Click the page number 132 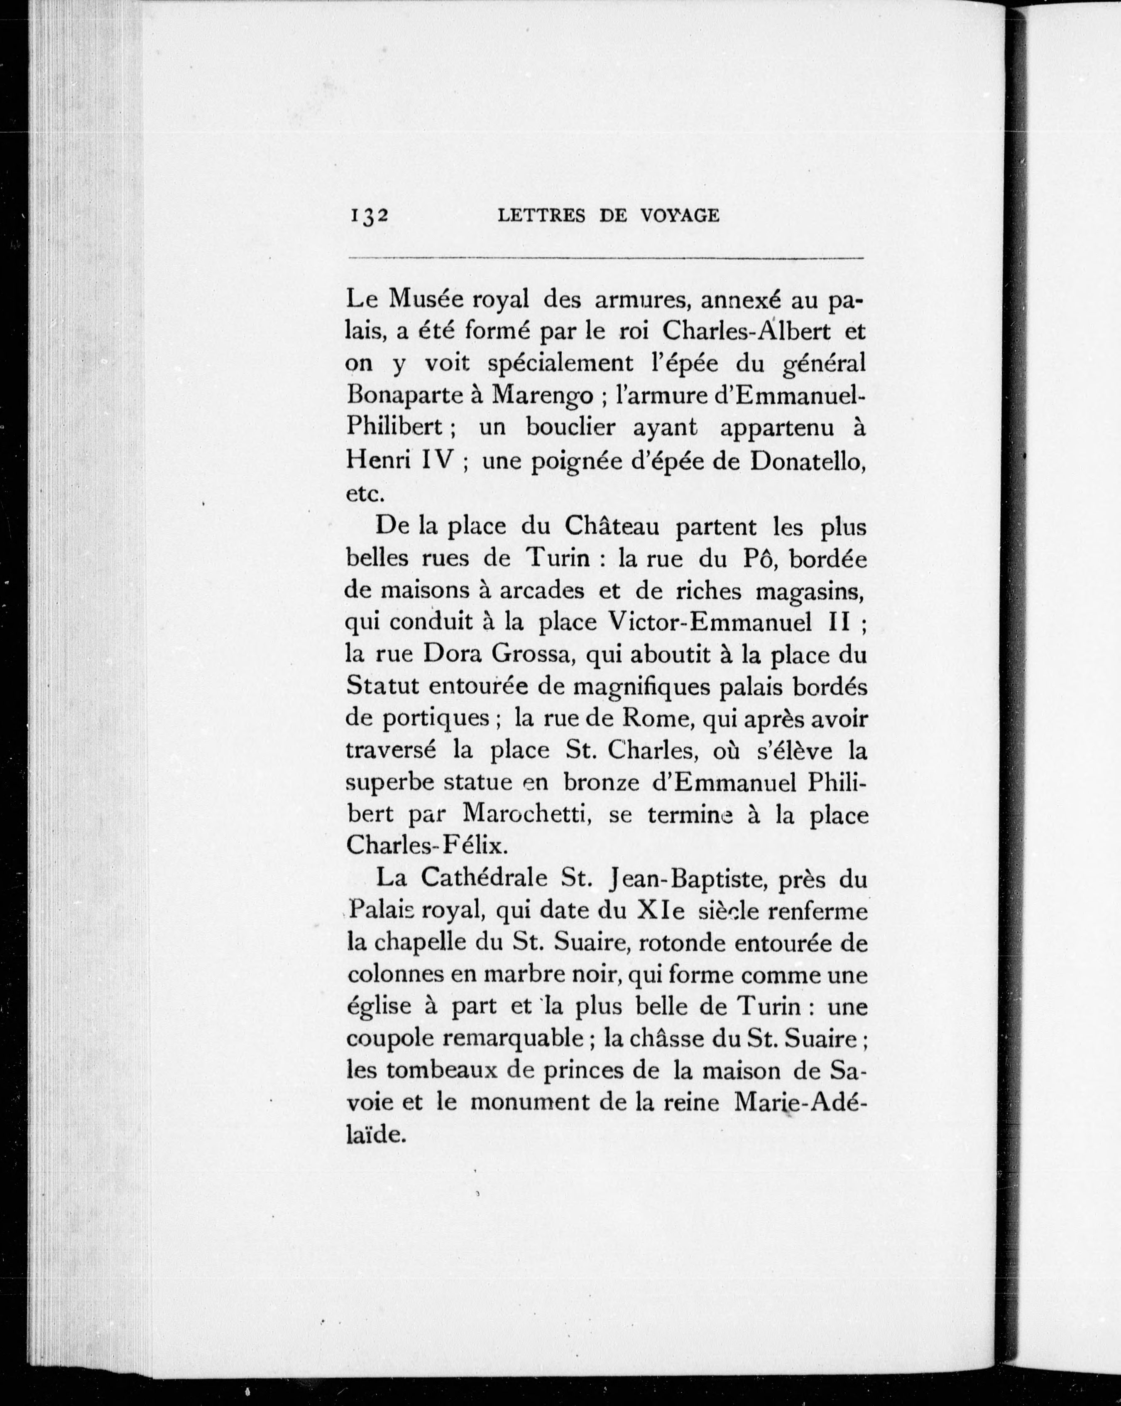[369, 216]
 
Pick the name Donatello [808, 461]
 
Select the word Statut [381, 686]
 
